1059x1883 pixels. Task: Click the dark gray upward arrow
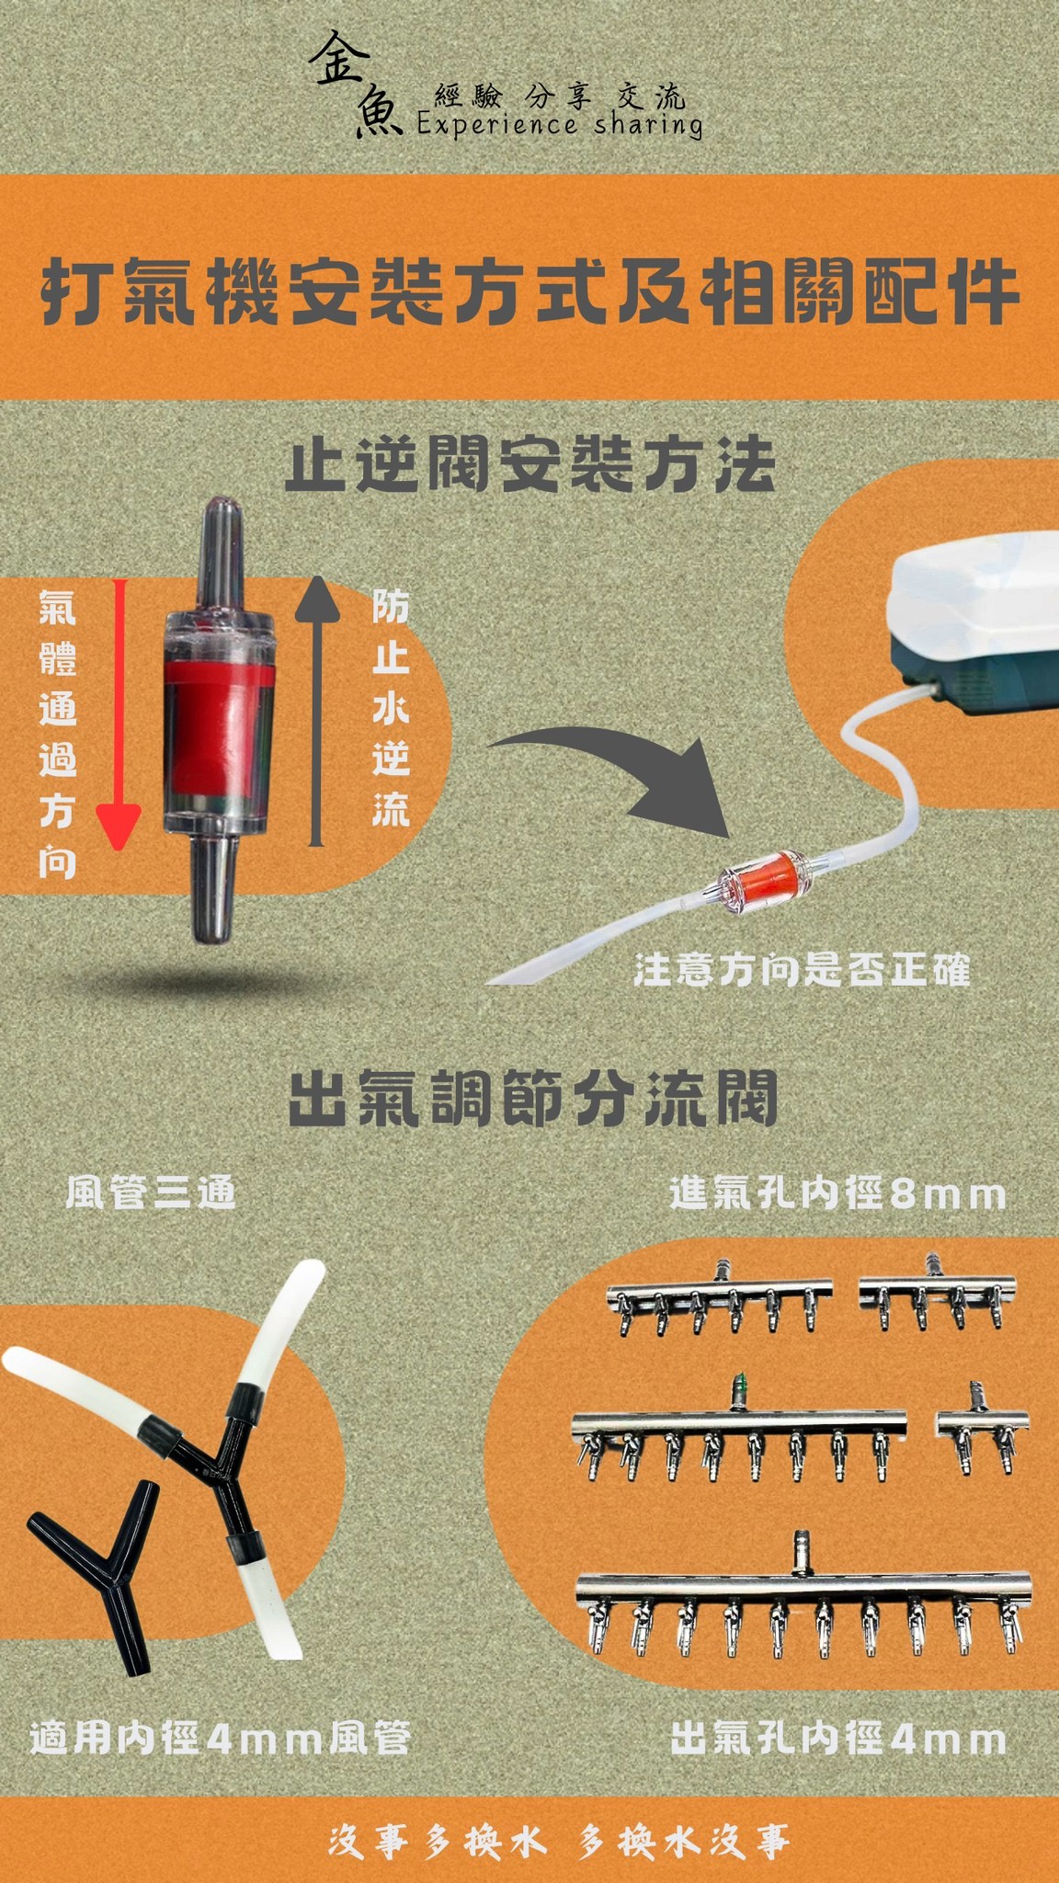316,708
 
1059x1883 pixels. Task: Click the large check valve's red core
219,726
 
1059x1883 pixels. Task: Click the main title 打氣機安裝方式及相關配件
529,292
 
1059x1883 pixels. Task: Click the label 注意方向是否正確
802,971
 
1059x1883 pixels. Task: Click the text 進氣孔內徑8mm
837,1194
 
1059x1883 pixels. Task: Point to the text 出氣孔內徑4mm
837,1740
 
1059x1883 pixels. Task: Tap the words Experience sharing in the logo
559,124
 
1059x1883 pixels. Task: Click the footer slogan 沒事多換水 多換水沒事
559,1842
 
